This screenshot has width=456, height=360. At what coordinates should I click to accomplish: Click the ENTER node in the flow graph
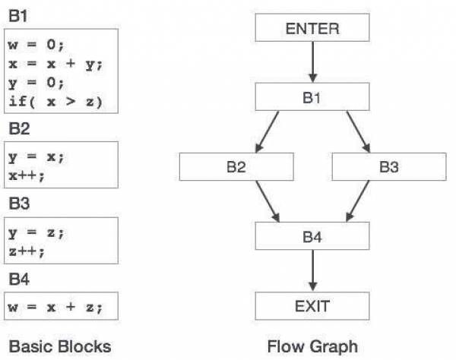pyautogui.click(x=312, y=29)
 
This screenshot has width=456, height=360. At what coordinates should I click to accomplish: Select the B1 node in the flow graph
pyautogui.click(x=312, y=97)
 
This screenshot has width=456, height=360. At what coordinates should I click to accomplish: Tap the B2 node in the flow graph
pyautogui.click(x=236, y=167)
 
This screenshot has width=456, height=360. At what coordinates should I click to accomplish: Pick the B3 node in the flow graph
pyautogui.click(x=388, y=167)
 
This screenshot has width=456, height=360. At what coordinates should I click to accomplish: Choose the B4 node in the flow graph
pyautogui.click(x=312, y=236)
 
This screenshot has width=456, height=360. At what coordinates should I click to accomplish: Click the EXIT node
pyautogui.click(x=312, y=306)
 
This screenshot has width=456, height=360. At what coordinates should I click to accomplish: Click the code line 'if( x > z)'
pyautogui.click(x=54, y=101)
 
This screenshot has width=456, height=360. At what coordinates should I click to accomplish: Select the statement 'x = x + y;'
pyautogui.click(x=54, y=63)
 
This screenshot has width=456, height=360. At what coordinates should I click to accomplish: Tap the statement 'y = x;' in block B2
pyautogui.click(x=36, y=156)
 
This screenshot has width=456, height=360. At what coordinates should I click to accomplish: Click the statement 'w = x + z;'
pyautogui.click(x=54, y=307)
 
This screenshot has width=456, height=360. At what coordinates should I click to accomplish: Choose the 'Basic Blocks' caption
pyautogui.click(x=60, y=346)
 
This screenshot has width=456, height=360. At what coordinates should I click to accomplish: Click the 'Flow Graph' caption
pyautogui.click(x=312, y=346)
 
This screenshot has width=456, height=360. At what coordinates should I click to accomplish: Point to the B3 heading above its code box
pyautogui.click(x=19, y=204)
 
